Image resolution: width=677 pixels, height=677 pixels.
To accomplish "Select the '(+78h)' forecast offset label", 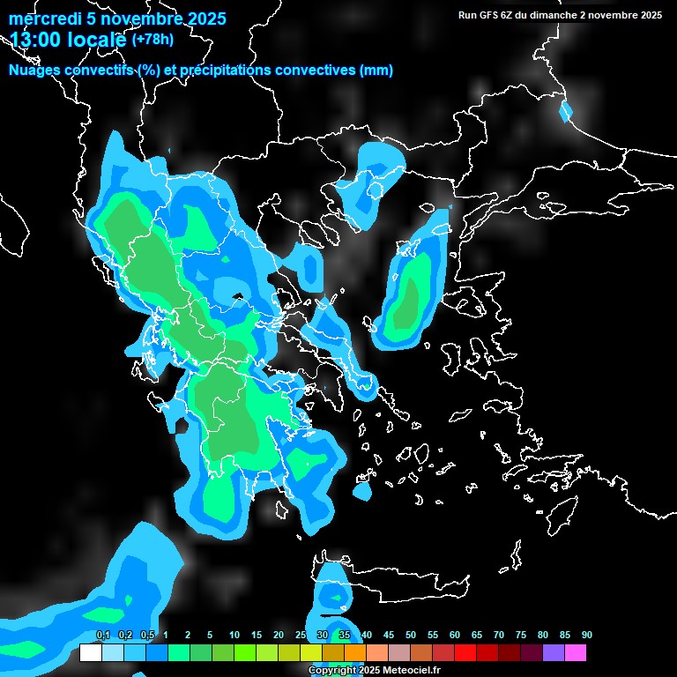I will pyautogui.click(x=153, y=39).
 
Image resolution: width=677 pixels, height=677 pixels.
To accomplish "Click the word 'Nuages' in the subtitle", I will pyautogui.click(x=33, y=71).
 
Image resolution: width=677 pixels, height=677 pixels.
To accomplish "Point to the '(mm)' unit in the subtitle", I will pyautogui.click(x=376, y=71).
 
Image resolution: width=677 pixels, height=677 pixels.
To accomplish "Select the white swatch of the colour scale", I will pyautogui.click(x=90, y=652).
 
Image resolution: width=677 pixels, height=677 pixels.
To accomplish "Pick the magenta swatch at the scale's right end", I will pyautogui.click(x=575, y=652).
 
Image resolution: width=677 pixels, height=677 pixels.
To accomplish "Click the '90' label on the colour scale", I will pyautogui.click(x=586, y=636).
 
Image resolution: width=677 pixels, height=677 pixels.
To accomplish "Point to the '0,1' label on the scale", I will pyautogui.click(x=102, y=636).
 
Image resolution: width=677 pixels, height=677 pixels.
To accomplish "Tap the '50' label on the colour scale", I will pyautogui.click(x=410, y=636).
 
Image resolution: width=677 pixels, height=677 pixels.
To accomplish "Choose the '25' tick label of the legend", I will pyautogui.click(x=300, y=636).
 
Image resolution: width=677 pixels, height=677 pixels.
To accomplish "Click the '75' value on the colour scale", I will pyautogui.click(x=520, y=636).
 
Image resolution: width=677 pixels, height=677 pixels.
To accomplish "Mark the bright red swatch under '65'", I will pyautogui.click(x=465, y=652).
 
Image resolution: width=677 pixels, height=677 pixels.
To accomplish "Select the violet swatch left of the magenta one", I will pyautogui.click(x=553, y=652).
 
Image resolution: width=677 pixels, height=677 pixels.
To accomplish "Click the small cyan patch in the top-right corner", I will pyautogui.click(x=565, y=112).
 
